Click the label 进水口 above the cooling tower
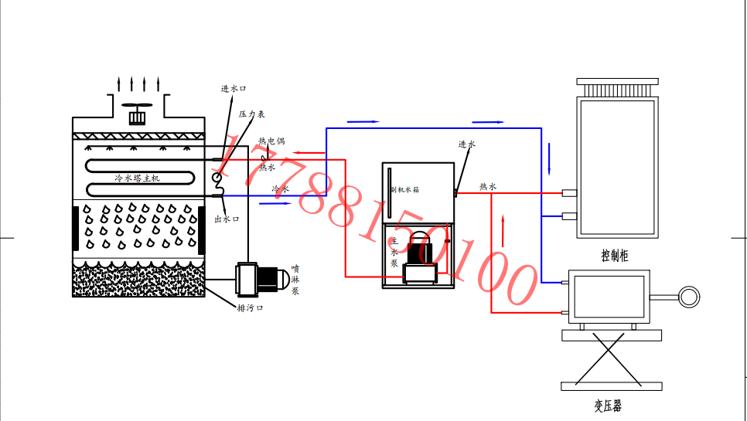[x=234, y=89]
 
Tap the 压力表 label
[x=252, y=114]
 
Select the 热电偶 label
[x=271, y=141]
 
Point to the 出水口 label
[x=227, y=219]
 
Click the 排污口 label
[x=251, y=308]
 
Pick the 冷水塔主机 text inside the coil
[x=137, y=178]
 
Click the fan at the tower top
[x=138, y=113]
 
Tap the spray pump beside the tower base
[x=258, y=278]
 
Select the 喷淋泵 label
[x=295, y=280]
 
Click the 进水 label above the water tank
[x=466, y=144]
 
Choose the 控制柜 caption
[x=614, y=256]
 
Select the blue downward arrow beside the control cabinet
[x=550, y=158]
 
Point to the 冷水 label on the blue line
[x=280, y=188]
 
